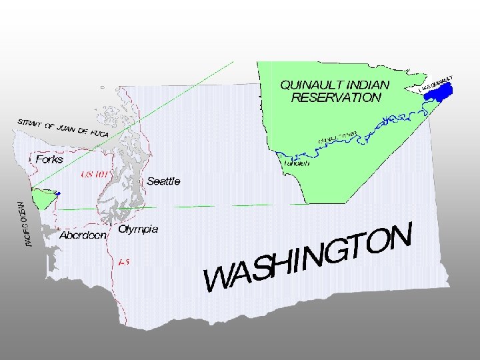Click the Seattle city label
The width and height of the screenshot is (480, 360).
click(x=163, y=181)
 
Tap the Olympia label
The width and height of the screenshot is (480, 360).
click(x=138, y=229)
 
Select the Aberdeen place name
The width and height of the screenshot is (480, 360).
click(x=83, y=235)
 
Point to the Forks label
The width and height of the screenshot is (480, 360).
click(x=49, y=160)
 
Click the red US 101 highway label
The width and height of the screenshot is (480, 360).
click(x=94, y=175)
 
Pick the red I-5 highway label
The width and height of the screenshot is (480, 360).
click(x=123, y=263)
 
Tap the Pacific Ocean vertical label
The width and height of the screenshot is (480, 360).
click(x=25, y=225)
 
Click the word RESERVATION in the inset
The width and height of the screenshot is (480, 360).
click(x=336, y=97)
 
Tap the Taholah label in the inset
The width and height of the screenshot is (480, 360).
click(x=297, y=163)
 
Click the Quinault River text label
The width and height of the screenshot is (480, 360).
click(x=339, y=138)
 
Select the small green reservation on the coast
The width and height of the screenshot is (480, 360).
click(x=43, y=198)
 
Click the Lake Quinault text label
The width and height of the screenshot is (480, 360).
click(x=437, y=83)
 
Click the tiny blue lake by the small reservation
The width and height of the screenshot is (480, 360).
click(x=58, y=193)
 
